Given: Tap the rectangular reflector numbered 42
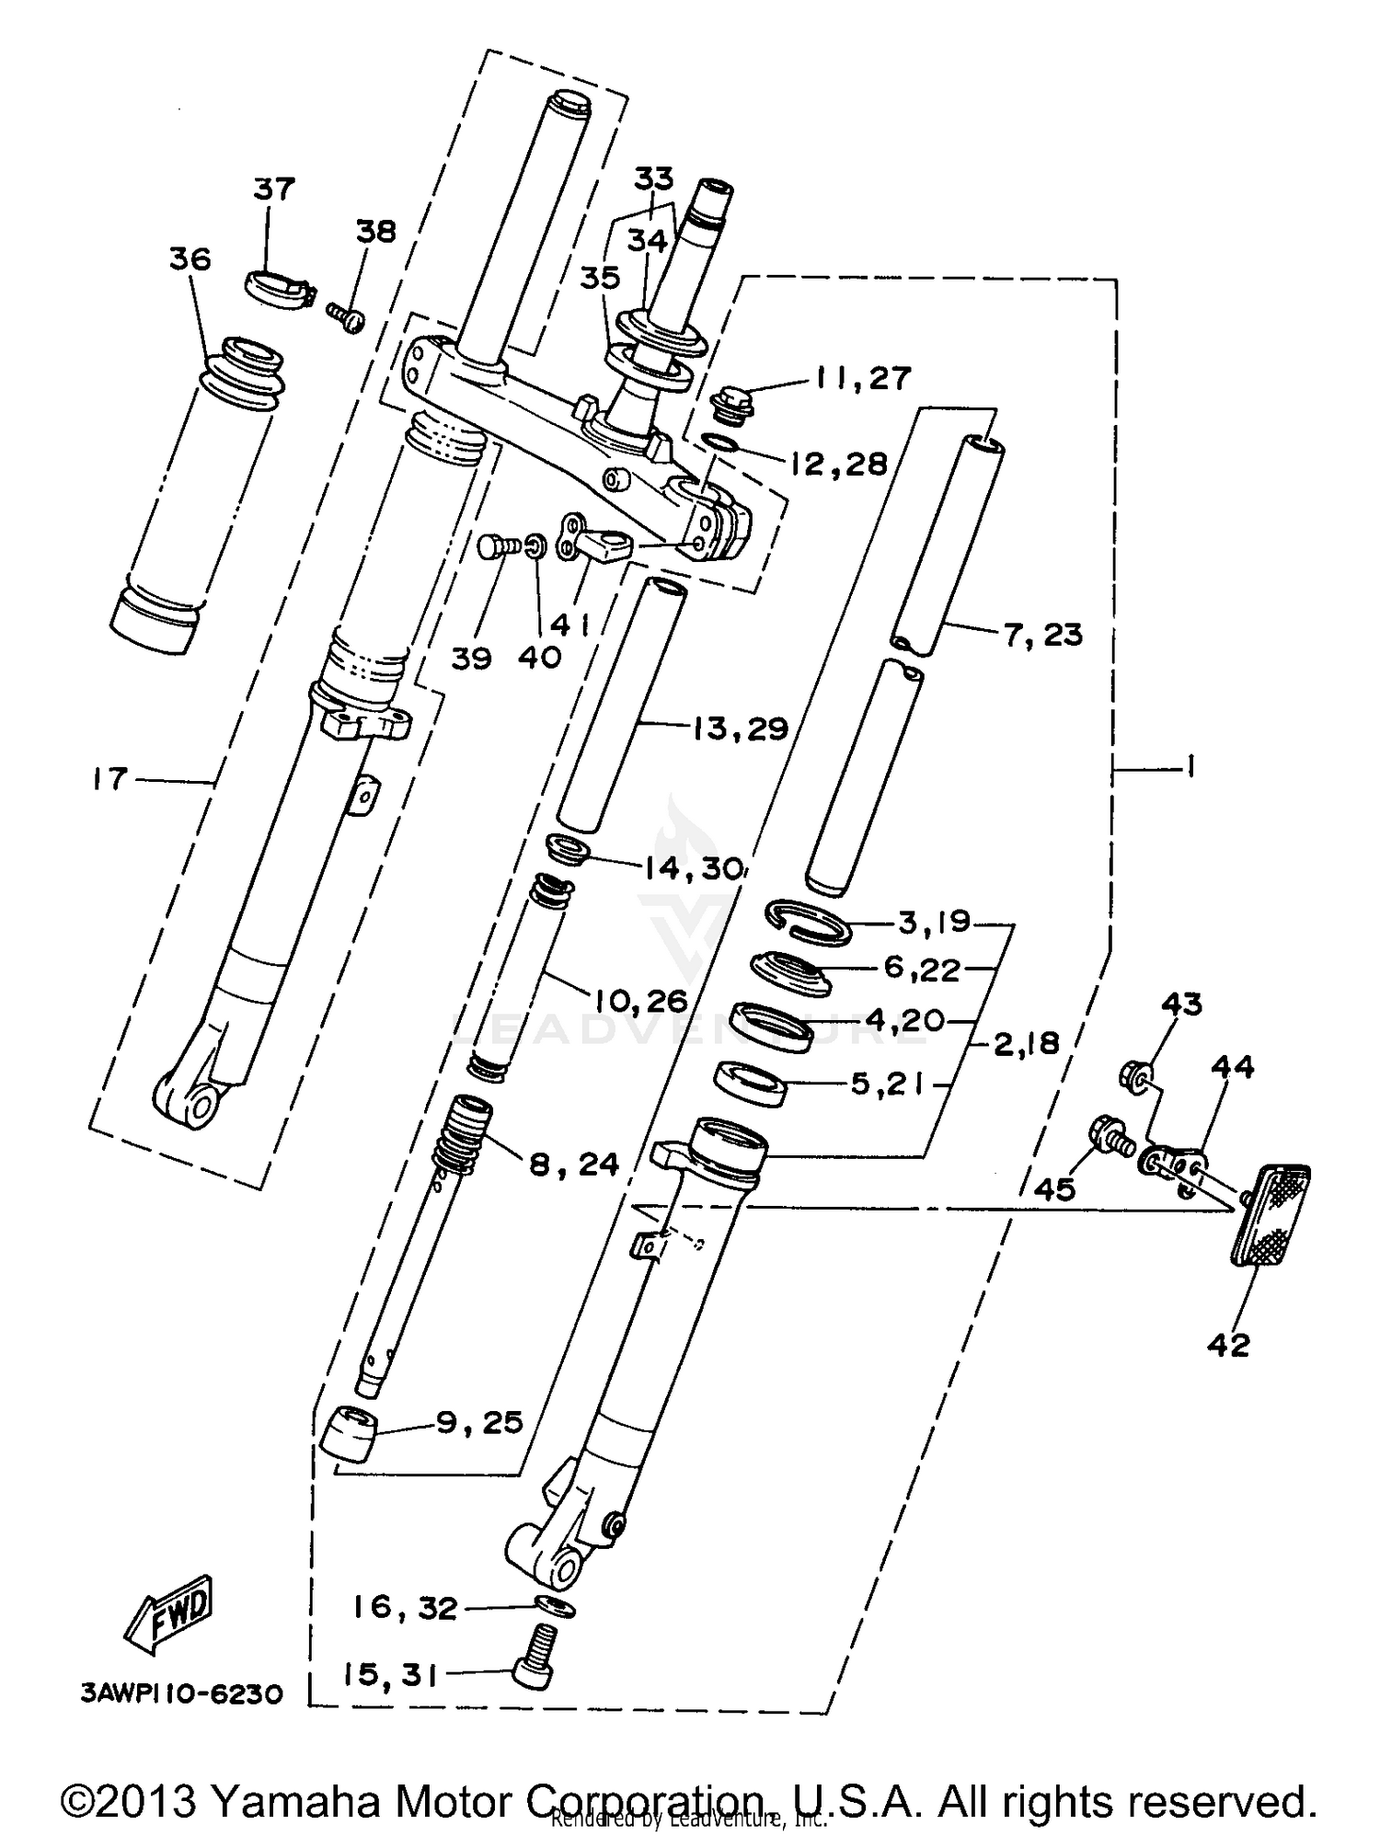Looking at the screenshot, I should (x=1272, y=1214).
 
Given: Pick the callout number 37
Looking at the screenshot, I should (x=273, y=189).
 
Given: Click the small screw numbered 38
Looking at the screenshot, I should (x=347, y=316).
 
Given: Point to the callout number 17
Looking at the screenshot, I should (x=109, y=780).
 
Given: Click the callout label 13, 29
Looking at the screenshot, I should (x=740, y=729).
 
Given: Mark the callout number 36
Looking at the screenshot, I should (x=190, y=259).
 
